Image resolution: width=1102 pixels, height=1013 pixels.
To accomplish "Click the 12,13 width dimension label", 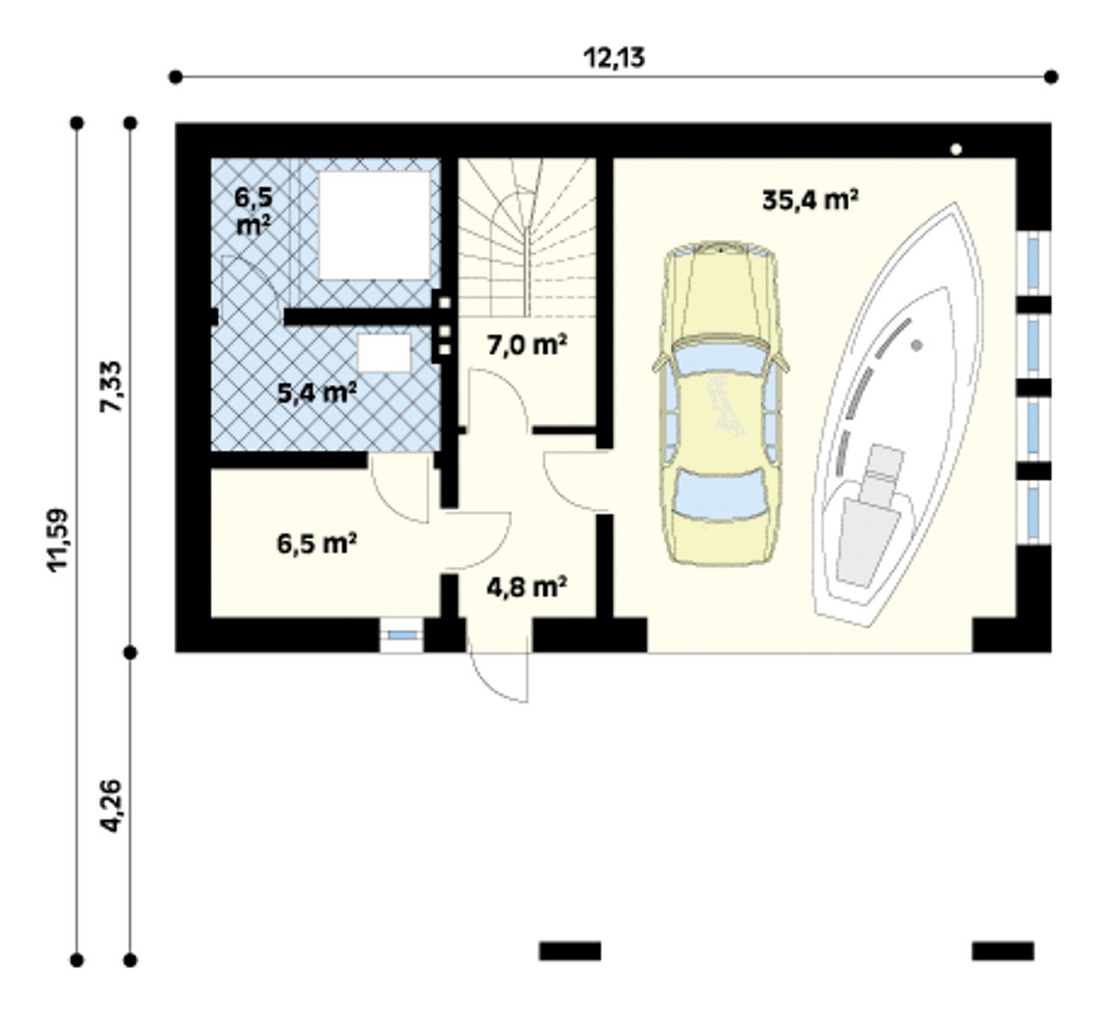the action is (x=614, y=58).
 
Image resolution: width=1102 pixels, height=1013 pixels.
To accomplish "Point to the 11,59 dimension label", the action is (x=58, y=540).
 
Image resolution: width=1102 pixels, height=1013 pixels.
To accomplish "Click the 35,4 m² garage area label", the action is (x=810, y=200).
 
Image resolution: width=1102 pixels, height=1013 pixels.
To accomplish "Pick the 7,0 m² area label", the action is (x=527, y=345).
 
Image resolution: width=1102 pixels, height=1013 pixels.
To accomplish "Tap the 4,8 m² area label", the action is (x=527, y=587).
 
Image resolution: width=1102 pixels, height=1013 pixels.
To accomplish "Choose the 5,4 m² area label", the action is (x=318, y=393).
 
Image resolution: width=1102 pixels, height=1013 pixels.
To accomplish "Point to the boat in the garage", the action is (x=897, y=415).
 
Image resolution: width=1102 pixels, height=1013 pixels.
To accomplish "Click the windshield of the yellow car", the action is (x=720, y=358).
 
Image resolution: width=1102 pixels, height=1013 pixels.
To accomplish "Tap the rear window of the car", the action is (x=720, y=494).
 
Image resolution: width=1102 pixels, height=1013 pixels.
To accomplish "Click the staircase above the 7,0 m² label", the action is (x=528, y=238).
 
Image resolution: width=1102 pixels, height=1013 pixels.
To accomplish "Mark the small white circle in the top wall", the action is (x=956, y=149).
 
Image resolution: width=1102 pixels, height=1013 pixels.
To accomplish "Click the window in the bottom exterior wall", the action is (x=401, y=636).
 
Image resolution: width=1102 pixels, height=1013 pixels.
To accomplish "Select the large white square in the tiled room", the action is (x=375, y=225).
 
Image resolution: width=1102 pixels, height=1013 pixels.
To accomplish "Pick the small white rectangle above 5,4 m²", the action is (x=384, y=352).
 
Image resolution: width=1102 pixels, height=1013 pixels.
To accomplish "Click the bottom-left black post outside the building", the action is (x=570, y=951).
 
